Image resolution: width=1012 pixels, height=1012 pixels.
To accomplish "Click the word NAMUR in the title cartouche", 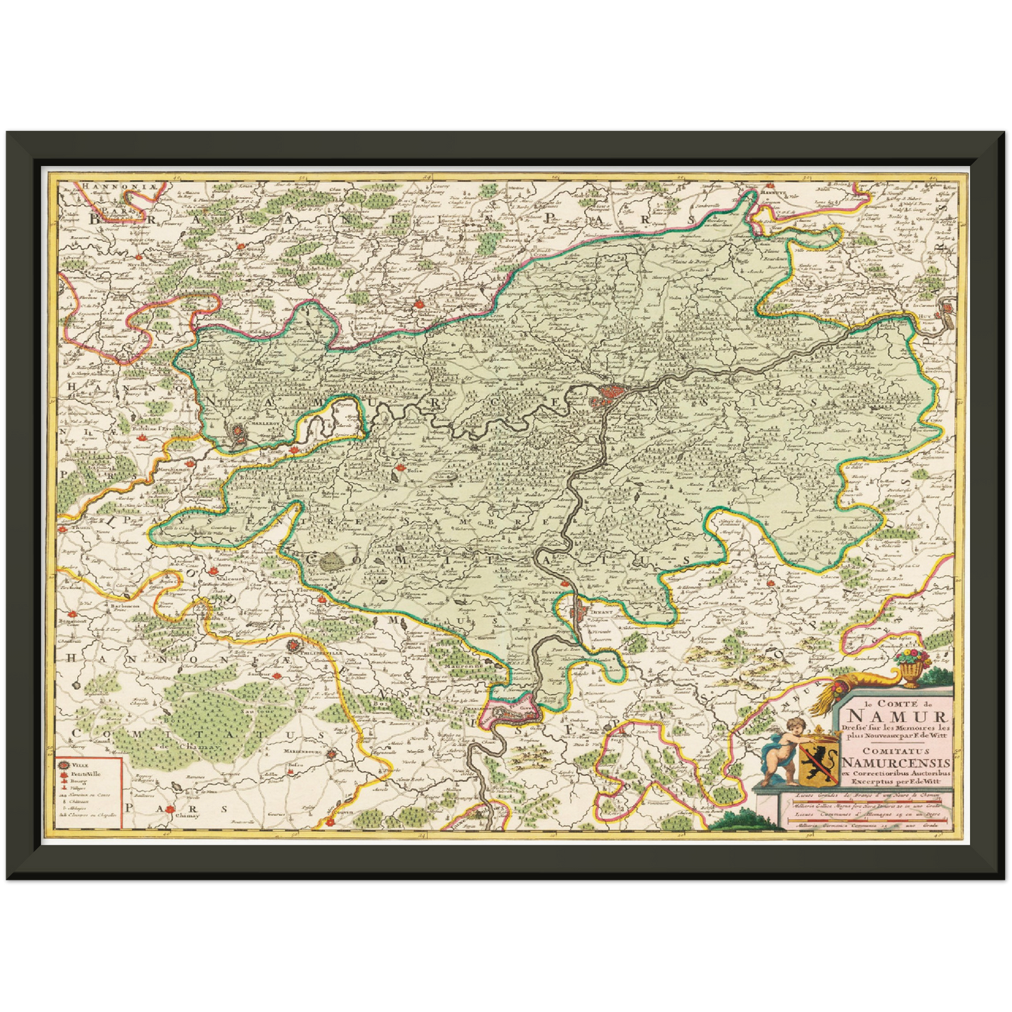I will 897,715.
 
